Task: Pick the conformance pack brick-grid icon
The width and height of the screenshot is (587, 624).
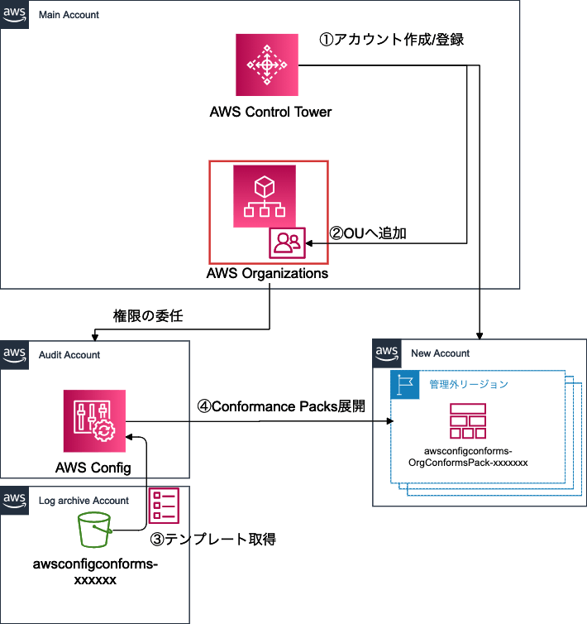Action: point(468,421)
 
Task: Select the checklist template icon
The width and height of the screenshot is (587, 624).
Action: point(164,506)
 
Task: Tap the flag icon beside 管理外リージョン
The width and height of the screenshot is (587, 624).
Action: point(405,385)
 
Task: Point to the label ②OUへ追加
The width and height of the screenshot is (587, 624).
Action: point(368,234)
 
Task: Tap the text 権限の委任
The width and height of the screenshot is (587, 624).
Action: point(148,315)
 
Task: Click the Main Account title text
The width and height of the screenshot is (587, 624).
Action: point(69,15)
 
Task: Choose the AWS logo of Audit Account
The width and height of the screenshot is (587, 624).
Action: point(14,354)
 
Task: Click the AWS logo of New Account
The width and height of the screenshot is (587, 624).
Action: point(387,353)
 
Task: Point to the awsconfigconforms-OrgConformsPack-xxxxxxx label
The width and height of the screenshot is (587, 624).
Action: point(468,457)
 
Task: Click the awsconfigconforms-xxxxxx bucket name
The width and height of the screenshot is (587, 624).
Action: point(94,572)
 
